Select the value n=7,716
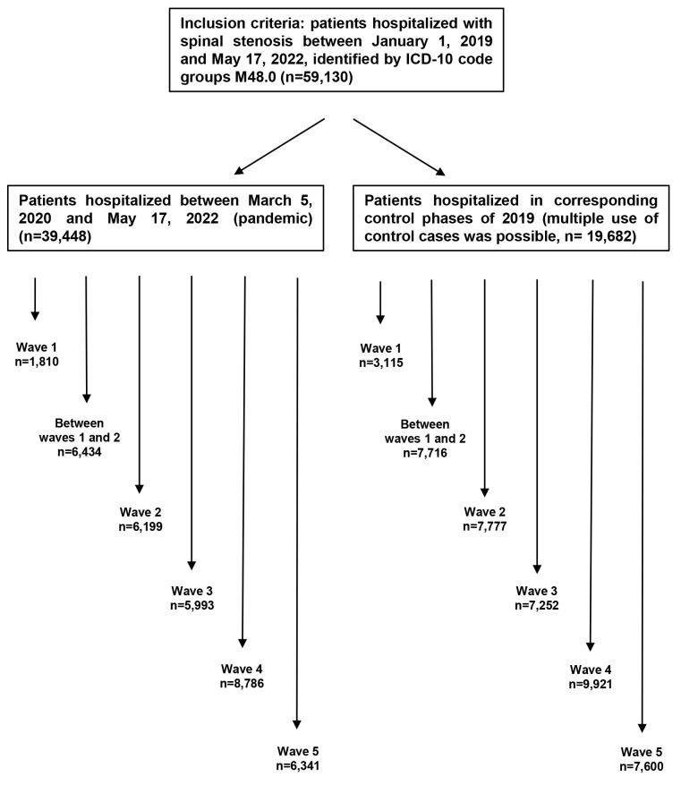tap(430, 455)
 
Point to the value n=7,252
tap(537, 606)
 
